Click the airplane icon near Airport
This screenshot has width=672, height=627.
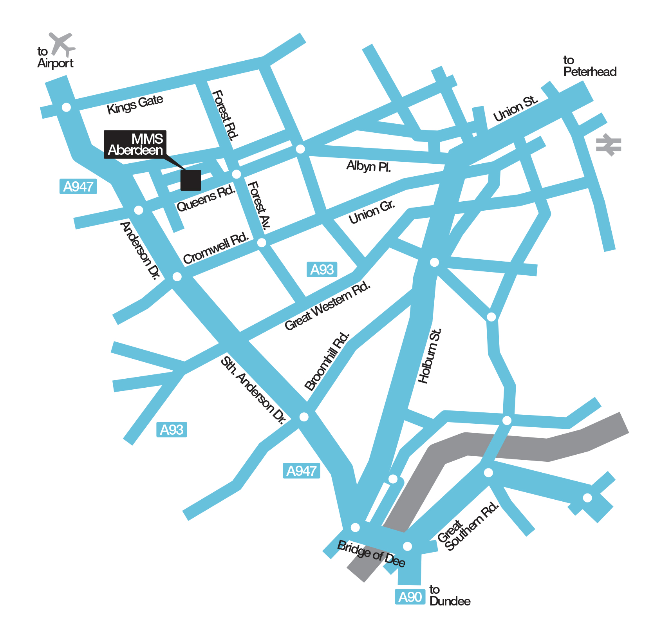[x=62, y=44]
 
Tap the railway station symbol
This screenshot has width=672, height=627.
[x=608, y=145]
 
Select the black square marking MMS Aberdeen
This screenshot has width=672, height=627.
[x=191, y=180]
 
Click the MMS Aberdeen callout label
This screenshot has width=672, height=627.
[x=135, y=145]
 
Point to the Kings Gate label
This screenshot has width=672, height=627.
[x=135, y=104]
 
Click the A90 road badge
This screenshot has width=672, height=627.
[x=410, y=597]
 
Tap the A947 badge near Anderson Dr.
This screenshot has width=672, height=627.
[x=78, y=186]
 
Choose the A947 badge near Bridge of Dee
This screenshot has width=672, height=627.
[x=301, y=471]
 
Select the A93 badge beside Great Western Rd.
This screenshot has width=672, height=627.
[x=322, y=269]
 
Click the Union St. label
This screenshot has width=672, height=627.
[x=515, y=109]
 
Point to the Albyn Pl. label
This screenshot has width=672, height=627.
[x=369, y=166]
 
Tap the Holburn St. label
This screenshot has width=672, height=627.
[x=430, y=356]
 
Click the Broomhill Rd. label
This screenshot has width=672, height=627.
[x=327, y=361]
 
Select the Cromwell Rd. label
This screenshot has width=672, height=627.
[x=216, y=248]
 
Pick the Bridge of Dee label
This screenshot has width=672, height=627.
[x=371, y=553]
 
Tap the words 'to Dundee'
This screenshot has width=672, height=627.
[x=450, y=595]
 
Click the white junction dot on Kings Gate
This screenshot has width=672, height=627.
[x=67, y=107]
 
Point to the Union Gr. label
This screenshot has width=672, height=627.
[x=372, y=212]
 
